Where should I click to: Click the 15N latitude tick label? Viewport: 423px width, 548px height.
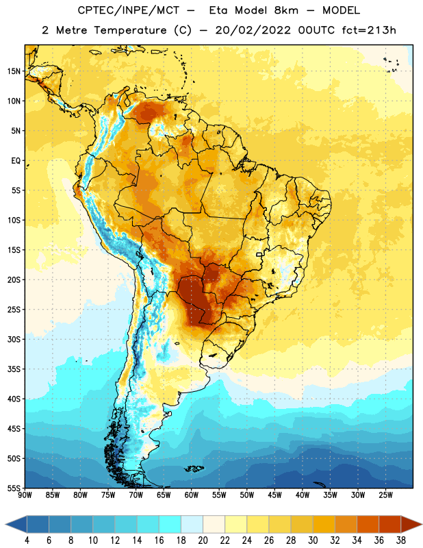point(14,71)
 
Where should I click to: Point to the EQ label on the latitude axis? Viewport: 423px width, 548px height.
point(16,161)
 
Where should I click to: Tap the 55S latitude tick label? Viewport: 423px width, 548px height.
point(14,488)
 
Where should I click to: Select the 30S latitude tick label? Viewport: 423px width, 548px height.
point(14,339)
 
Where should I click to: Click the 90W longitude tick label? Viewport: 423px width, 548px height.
point(25,495)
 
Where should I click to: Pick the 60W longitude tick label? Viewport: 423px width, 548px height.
point(192,495)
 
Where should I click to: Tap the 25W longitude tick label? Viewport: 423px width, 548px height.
point(385,495)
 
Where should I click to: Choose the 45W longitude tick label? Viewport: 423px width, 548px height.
point(274,495)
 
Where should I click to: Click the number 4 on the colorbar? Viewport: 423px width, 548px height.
point(27,540)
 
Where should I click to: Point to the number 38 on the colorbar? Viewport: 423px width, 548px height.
point(401,540)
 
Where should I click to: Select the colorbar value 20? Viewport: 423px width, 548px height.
point(203,540)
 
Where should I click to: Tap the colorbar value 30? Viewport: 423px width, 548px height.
point(313,540)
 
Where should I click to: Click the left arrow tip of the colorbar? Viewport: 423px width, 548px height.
point(6,524)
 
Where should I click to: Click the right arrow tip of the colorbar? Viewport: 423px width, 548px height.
point(422,524)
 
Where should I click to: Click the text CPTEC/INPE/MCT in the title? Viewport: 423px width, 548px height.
point(129,10)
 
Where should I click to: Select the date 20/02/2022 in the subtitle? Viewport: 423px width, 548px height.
point(253,30)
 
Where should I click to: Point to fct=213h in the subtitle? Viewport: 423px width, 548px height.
point(369,30)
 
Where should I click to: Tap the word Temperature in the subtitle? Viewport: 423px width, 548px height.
point(130,30)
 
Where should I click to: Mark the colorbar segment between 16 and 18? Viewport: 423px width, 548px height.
point(170,524)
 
